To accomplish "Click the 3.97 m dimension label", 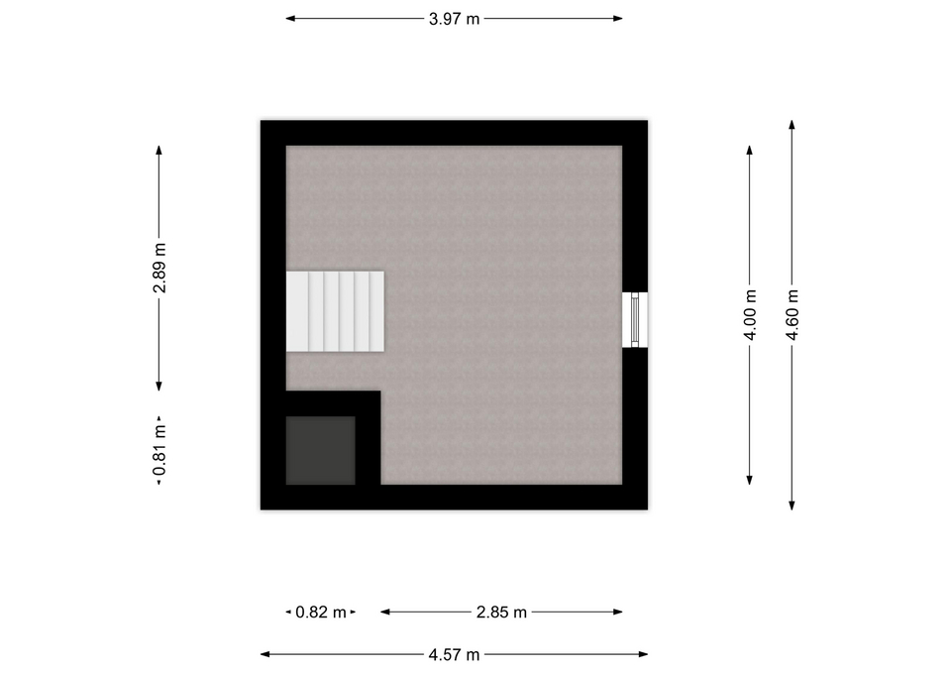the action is [x=455, y=19].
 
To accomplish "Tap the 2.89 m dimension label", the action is [x=158, y=269].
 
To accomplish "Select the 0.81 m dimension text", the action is [x=158, y=450].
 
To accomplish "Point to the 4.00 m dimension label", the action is [x=750, y=315].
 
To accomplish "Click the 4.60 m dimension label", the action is [x=792, y=315].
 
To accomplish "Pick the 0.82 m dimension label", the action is [x=321, y=613].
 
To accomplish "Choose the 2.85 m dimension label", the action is [x=501, y=613].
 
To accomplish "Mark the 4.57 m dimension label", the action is [x=455, y=655].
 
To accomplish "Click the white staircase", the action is [x=336, y=311].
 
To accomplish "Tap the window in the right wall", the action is [x=635, y=320].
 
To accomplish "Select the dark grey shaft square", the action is [x=321, y=450].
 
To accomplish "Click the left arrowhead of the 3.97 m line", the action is [x=290, y=18].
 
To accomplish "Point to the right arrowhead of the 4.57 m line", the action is [x=644, y=654].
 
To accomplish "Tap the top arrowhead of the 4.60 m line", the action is [x=792, y=125].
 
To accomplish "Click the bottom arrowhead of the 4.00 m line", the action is [x=750, y=480].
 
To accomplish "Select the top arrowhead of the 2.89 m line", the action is [x=158, y=151].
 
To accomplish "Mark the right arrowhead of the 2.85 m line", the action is [x=618, y=612].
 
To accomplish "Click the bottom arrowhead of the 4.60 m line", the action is [x=792, y=505].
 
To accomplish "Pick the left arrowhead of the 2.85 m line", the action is [x=385, y=612].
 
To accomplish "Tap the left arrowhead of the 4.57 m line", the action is [x=265, y=654].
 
